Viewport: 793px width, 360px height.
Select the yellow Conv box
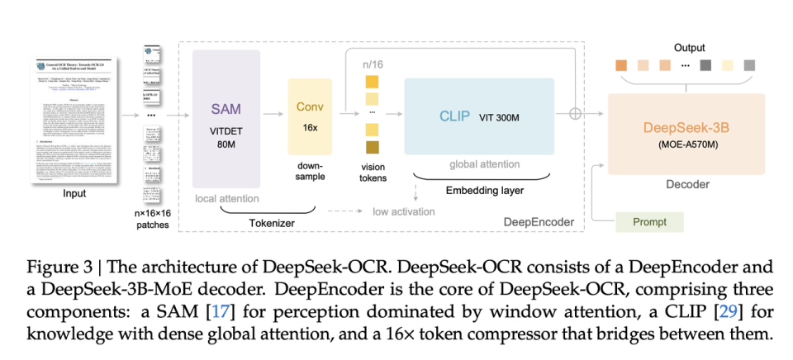[310, 116]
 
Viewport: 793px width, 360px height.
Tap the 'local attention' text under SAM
[226, 199]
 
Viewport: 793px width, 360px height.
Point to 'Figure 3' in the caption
[55, 267]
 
